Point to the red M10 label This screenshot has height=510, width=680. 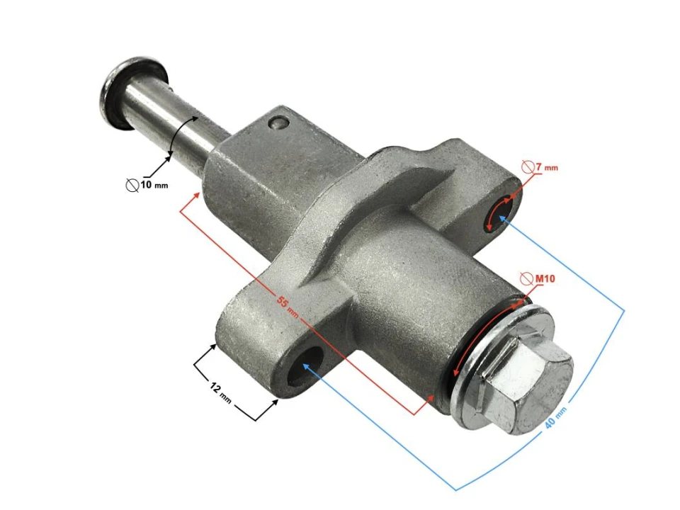tap(545, 279)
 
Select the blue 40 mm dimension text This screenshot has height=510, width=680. tap(556, 423)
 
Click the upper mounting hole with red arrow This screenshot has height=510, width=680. tap(500, 213)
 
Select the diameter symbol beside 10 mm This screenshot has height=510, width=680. tap(132, 185)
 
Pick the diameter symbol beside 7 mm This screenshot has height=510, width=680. tap(528, 167)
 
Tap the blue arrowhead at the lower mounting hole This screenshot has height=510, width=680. tap(306, 366)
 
